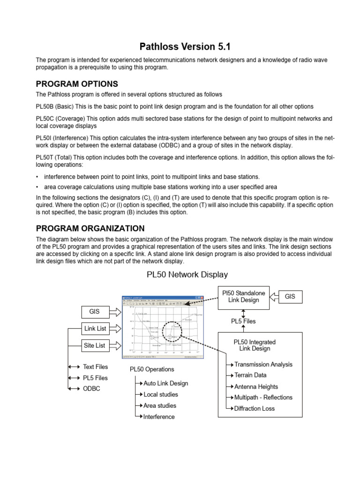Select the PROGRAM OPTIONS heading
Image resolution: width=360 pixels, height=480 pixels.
click(x=77, y=84)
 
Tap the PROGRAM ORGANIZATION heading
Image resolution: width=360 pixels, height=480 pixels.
click(x=90, y=228)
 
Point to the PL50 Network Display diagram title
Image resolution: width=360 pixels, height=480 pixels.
click(x=180, y=274)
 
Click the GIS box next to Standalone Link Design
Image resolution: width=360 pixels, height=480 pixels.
click(x=290, y=296)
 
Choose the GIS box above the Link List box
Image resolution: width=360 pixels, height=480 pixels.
click(x=95, y=311)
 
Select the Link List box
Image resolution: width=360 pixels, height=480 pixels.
click(x=95, y=329)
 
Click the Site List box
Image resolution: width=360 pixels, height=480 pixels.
click(x=95, y=345)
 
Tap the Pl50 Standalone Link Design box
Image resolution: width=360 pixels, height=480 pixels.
click(x=243, y=296)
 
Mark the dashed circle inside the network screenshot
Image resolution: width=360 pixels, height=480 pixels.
click(x=172, y=332)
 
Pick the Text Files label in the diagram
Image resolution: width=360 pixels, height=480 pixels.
click(x=95, y=367)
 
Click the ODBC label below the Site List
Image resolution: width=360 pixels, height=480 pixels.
click(x=91, y=389)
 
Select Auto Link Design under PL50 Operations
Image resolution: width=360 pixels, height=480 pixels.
click(x=165, y=383)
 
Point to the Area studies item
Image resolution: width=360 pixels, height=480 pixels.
click(x=160, y=405)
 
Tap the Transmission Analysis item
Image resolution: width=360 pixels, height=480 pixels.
click(x=263, y=364)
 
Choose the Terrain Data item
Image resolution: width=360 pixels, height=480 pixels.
click(x=250, y=375)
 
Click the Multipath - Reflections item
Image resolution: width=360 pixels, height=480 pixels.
click(x=263, y=397)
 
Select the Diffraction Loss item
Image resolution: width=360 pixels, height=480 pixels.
click(x=254, y=408)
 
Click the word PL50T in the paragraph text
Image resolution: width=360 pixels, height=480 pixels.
click(x=45, y=157)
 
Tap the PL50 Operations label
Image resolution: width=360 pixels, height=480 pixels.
click(x=151, y=369)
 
